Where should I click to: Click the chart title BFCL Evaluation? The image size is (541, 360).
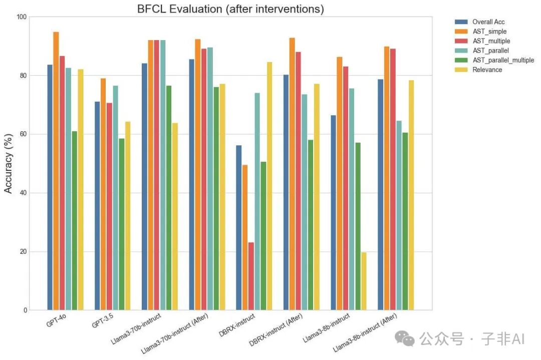pos(179,9)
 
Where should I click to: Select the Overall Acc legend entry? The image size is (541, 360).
pos(479,22)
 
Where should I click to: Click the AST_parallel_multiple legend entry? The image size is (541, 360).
pos(494,60)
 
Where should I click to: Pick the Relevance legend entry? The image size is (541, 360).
pos(478,70)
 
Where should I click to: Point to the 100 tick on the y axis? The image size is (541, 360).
pos(22,17)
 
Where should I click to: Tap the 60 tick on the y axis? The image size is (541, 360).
pos(23,134)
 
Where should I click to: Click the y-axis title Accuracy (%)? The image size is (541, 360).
pos(8,163)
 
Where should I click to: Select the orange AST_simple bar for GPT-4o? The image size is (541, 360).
pos(56,171)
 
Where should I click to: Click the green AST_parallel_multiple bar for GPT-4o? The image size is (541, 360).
pos(75,221)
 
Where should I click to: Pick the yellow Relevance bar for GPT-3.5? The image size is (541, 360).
pos(128,216)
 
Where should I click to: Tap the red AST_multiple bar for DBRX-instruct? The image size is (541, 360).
pos(251,276)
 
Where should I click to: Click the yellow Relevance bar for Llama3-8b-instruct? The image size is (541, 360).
pos(364,281)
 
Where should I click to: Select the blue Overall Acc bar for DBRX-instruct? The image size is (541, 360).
pos(239,228)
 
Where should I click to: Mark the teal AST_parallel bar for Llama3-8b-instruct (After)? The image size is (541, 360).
pos(399,215)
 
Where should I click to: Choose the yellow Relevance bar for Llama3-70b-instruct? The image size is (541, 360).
pos(175,217)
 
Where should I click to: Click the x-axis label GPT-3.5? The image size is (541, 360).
pos(103,320)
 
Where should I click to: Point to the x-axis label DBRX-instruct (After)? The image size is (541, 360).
pos(276,329)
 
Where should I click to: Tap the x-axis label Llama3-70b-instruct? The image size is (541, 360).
pos(136,328)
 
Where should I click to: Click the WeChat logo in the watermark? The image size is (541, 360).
pos(404,338)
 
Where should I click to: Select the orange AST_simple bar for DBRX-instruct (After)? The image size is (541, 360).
pos(292,174)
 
